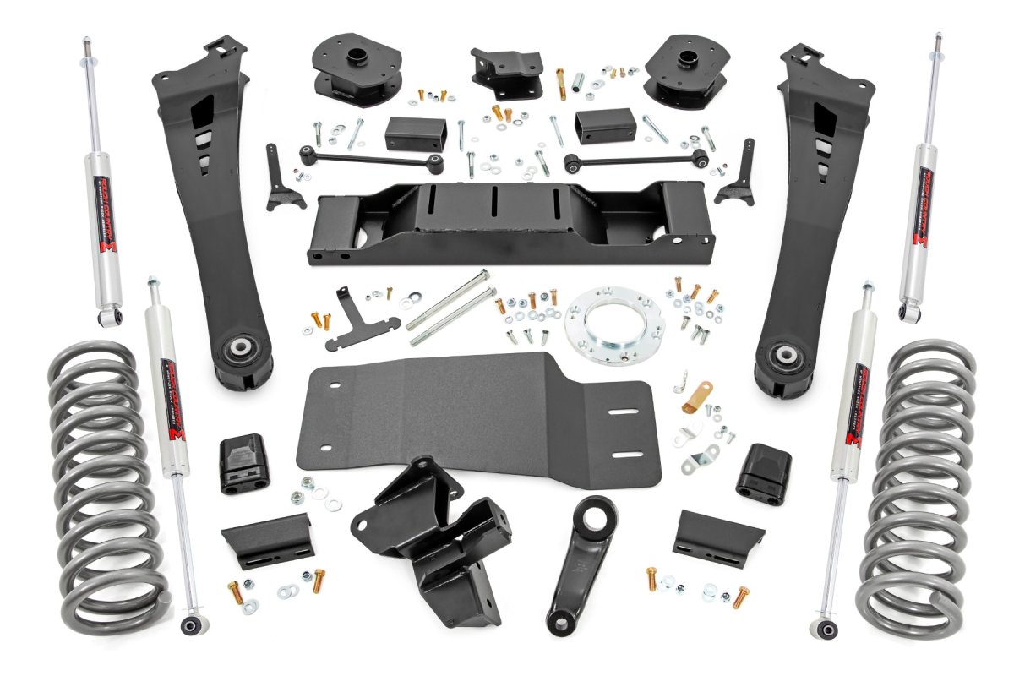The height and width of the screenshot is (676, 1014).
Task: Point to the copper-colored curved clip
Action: [x=697, y=396]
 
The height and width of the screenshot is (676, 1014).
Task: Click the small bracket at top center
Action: [x=507, y=72]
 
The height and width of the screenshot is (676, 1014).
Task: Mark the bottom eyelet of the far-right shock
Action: [x=911, y=313]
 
